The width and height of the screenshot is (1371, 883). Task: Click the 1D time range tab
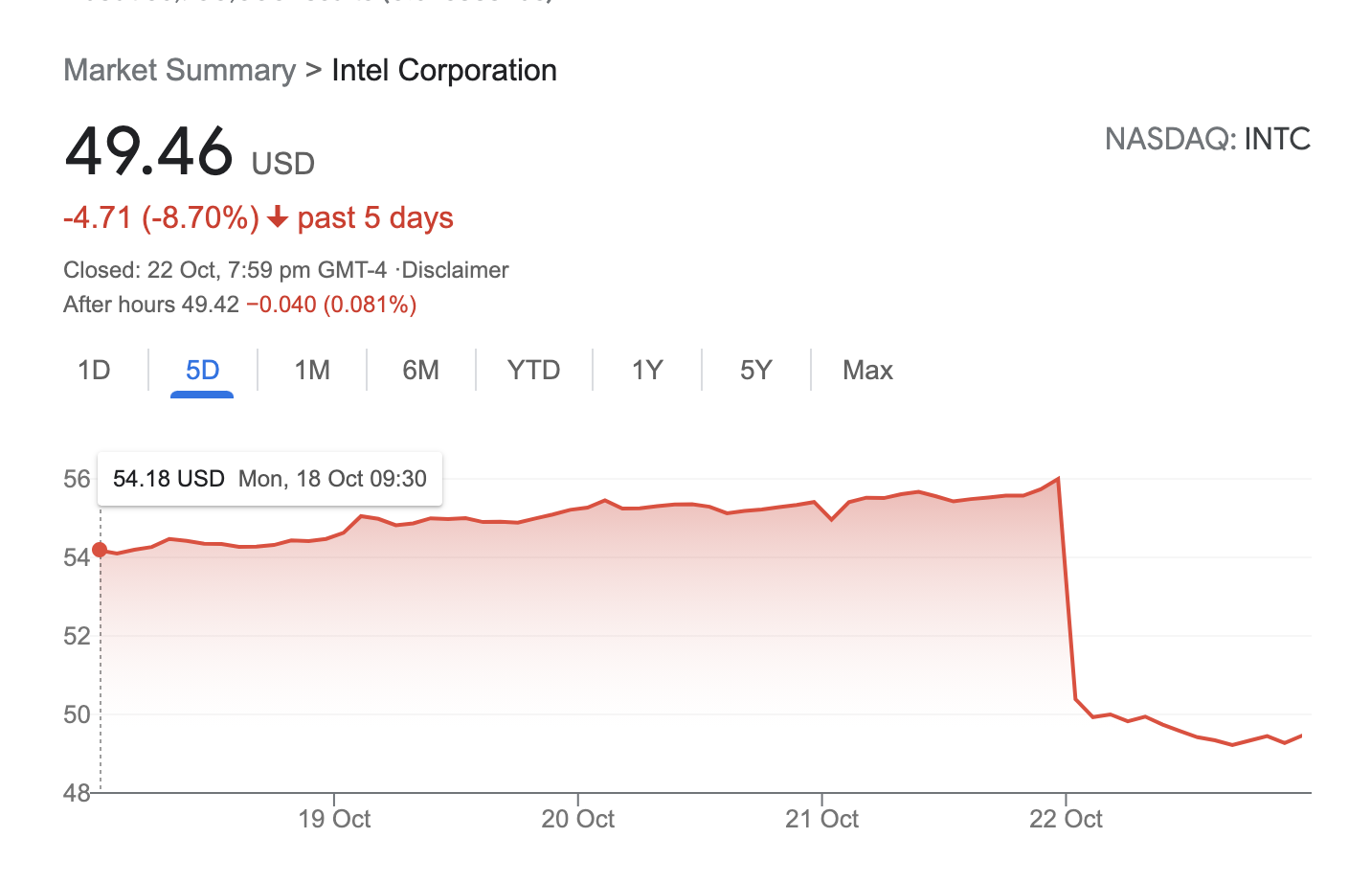click(94, 371)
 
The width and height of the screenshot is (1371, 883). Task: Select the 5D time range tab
click(202, 371)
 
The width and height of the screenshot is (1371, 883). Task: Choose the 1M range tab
click(312, 371)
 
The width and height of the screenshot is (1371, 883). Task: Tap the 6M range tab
click(420, 371)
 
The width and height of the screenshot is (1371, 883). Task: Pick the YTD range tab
click(533, 371)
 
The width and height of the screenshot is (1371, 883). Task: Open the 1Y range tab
click(647, 371)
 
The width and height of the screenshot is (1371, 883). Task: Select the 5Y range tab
click(755, 371)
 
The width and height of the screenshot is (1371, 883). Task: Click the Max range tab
click(867, 371)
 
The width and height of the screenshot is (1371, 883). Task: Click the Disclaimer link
click(455, 270)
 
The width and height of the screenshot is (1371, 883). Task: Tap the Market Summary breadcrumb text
click(180, 71)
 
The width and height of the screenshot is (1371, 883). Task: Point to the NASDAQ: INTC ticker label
click(1207, 140)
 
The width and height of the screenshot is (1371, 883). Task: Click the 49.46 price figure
click(149, 151)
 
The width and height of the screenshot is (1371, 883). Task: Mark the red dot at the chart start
click(100, 550)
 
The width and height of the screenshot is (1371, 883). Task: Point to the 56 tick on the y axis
click(77, 479)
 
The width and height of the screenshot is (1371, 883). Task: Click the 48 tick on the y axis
click(77, 793)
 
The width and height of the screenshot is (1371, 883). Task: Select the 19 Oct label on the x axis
click(334, 820)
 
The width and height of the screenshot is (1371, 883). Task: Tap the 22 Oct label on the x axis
click(1066, 820)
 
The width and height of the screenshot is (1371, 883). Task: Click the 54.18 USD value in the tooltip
click(169, 479)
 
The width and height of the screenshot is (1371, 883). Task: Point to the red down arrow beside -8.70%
click(278, 218)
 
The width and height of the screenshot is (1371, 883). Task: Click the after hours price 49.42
click(211, 306)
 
